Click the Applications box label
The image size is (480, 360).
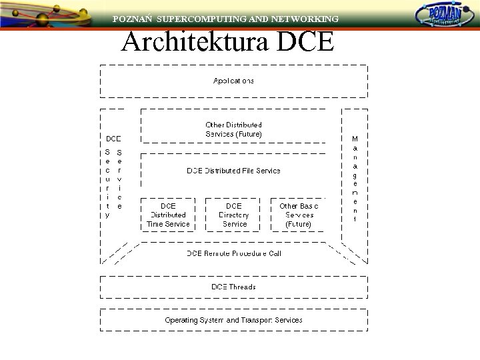pos(233,81)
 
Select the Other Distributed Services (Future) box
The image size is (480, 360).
pos(233,129)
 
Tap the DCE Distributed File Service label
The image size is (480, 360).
pos(233,171)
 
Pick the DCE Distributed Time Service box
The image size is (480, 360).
pos(168,215)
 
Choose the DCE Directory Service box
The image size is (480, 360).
pos(233,215)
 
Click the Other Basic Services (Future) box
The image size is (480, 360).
pos(298,215)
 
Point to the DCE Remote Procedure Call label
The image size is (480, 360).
pos(233,253)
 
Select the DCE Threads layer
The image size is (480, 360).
pos(233,287)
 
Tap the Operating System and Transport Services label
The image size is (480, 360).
pos(233,320)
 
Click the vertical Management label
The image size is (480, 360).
pos(355,179)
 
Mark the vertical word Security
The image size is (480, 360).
pos(107,183)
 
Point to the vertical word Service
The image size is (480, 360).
pos(119,179)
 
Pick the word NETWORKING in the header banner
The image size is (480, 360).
pos(303,19)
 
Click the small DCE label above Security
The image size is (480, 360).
pos(114,139)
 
